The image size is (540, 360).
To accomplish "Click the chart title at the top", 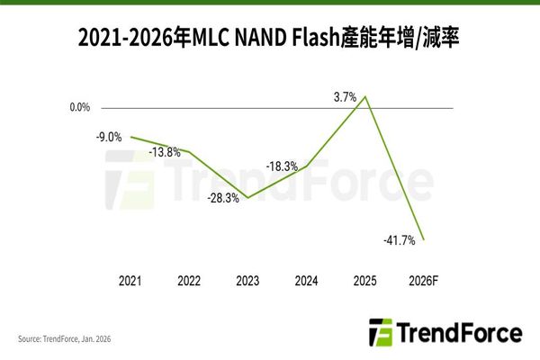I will tap(269, 38).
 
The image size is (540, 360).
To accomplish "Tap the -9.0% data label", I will tap(109, 137).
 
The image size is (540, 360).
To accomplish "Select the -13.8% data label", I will tap(165, 152).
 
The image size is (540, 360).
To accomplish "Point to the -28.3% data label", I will tap(222, 198).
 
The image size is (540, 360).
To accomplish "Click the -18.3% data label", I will tap(282, 166).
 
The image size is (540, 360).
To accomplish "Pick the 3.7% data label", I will tap(345, 96).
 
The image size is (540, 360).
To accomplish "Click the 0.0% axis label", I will tap(79, 108).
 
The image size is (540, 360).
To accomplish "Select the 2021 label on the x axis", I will tap(130, 281).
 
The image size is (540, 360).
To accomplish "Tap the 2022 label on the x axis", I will tap(189, 281).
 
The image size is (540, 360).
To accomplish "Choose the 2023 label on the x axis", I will tap(247, 281).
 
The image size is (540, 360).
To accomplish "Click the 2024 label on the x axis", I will tap(307, 281).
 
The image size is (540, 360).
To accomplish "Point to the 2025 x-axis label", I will tap(365, 281).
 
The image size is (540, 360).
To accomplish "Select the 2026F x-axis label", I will tap(424, 281).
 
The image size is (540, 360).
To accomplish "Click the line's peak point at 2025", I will tap(365, 95).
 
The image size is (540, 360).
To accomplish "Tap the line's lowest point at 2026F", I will tap(424, 240).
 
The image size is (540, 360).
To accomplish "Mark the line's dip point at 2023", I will tap(247, 197).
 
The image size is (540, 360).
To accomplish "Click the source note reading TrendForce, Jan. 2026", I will tap(68, 339).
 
